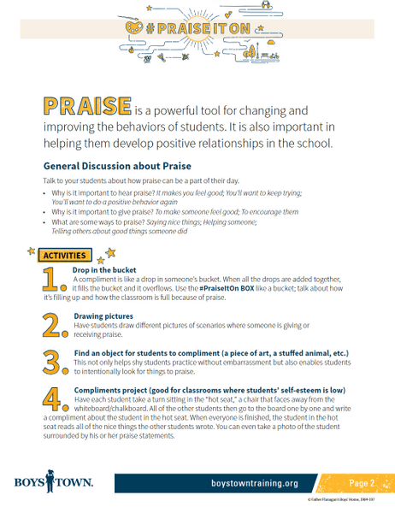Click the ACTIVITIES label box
(63, 256)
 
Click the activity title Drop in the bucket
(105, 270)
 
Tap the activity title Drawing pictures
(103, 315)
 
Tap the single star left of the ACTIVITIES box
(32, 251)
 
